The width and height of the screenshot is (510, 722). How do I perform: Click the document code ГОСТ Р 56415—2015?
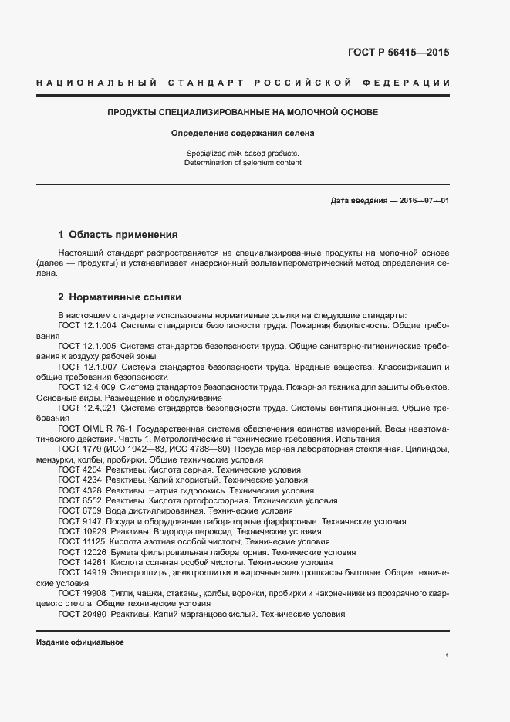[393, 53]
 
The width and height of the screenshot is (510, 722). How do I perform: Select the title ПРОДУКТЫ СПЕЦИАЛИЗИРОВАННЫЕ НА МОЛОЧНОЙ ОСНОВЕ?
[242, 113]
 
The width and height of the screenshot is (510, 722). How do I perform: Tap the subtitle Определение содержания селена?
[242, 133]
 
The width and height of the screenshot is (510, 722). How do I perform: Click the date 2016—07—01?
[424, 201]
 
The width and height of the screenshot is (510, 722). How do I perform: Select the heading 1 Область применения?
[118, 234]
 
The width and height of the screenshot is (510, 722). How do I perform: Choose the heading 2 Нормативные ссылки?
[120, 297]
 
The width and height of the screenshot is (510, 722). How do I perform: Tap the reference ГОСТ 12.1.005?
[86, 347]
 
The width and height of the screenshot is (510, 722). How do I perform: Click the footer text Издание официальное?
[80, 642]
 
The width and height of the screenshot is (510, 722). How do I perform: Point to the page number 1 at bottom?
[448, 656]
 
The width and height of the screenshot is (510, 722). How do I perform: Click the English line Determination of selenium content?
[242, 163]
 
